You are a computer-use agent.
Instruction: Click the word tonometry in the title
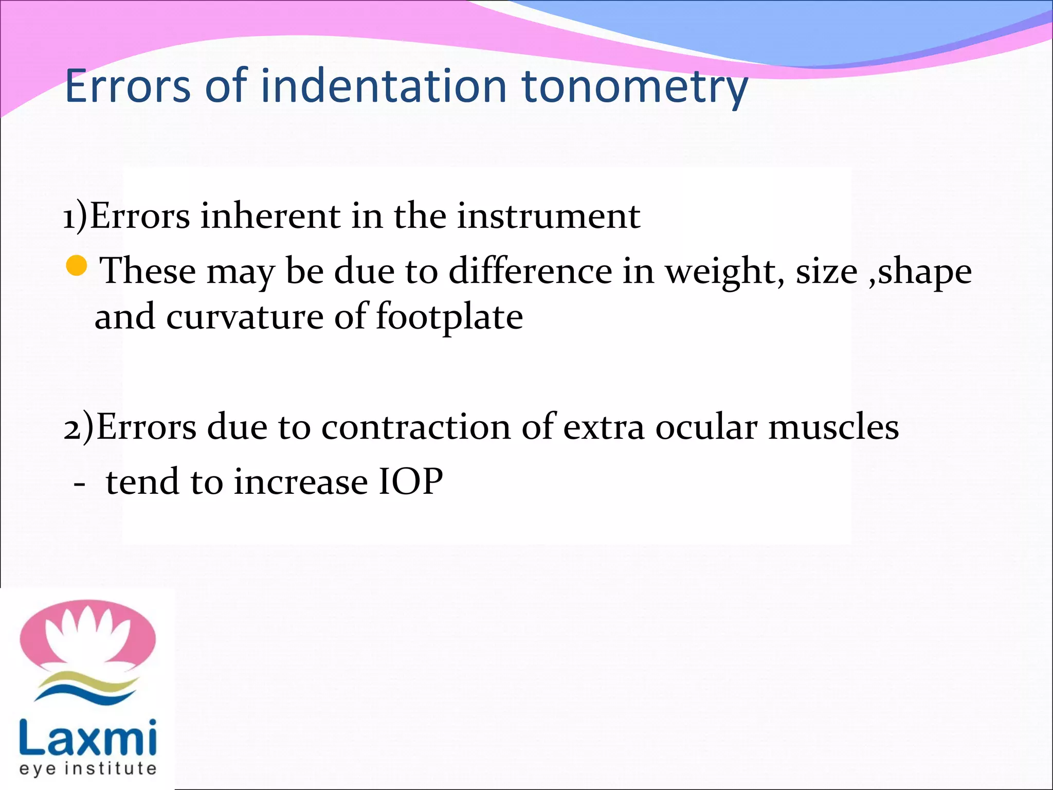click(634, 86)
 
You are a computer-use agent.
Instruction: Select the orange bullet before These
click(77, 265)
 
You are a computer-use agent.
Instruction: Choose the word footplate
click(449, 317)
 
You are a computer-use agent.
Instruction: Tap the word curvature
click(245, 317)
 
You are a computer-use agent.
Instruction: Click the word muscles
click(833, 427)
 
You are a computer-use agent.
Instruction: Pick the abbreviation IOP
click(410, 482)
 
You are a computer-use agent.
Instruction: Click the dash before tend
click(79, 484)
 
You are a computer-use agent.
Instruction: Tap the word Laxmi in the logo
click(87, 738)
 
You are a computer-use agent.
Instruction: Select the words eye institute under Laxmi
click(87, 768)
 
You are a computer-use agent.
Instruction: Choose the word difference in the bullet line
click(530, 272)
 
